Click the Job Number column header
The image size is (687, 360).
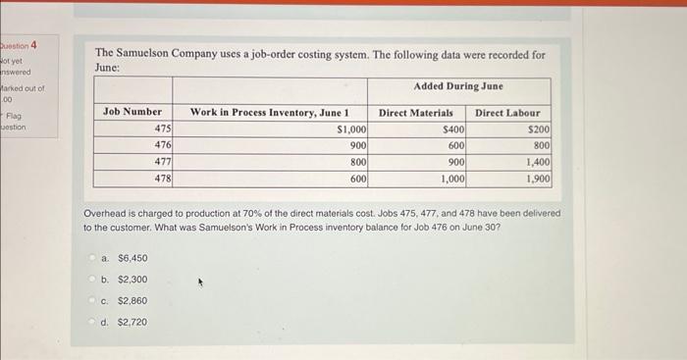coord(132,113)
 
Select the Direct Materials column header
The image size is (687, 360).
coord(416,113)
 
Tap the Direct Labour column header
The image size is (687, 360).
coord(507,113)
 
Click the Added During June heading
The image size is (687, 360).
coord(458,86)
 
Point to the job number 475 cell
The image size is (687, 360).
coord(163,129)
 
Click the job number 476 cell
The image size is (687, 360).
coord(163,145)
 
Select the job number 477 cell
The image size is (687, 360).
coord(163,162)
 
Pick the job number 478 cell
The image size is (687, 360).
coord(163,179)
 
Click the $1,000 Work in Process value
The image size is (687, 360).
coord(350,129)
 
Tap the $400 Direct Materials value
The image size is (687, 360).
coord(453,129)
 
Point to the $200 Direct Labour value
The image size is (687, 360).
coord(539,129)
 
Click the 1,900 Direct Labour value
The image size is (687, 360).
coord(538,179)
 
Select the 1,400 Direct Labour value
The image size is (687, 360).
coord(538,162)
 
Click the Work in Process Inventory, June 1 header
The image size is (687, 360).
coord(269,113)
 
